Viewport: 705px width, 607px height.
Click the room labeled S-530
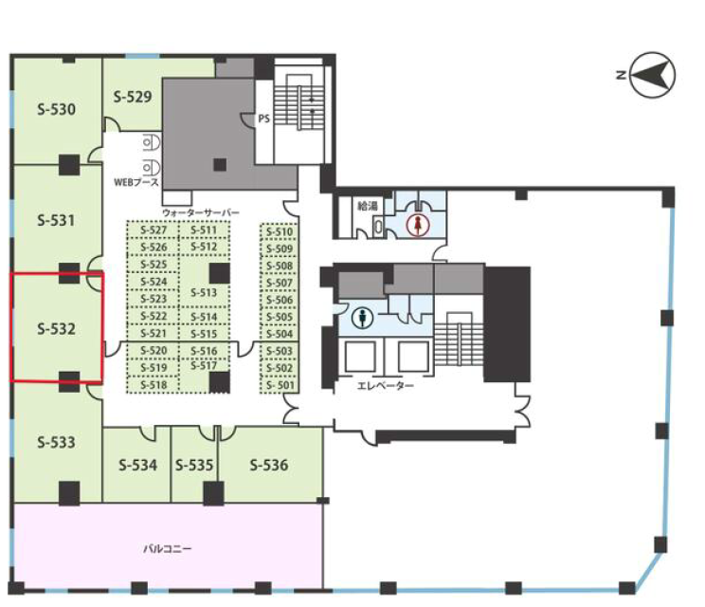pyautogui.click(x=56, y=109)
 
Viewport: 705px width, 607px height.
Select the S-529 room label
pyautogui.click(x=133, y=97)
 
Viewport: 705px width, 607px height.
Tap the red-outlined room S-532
pyautogui.click(x=57, y=327)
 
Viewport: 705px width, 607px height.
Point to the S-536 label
pyautogui.click(x=269, y=465)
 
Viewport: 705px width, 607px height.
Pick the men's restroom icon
pyautogui.click(x=362, y=318)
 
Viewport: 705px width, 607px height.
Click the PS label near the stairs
pyautogui.click(x=264, y=119)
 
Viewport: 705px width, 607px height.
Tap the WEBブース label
pyautogui.click(x=136, y=182)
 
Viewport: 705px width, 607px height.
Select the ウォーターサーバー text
pyautogui.click(x=201, y=212)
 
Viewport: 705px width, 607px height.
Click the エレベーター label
pyautogui.click(x=386, y=386)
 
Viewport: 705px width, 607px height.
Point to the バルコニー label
pyautogui.click(x=168, y=548)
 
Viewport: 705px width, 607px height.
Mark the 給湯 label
pyautogui.click(x=368, y=206)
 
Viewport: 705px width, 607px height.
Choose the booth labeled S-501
pyautogui.click(x=280, y=385)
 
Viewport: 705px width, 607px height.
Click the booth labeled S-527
pyautogui.click(x=154, y=230)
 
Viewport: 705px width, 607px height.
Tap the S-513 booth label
pyautogui.click(x=204, y=293)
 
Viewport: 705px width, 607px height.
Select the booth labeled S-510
pyautogui.click(x=280, y=231)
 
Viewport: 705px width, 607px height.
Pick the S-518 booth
pyautogui.click(x=154, y=385)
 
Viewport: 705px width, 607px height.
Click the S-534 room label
pyautogui.click(x=138, y=465)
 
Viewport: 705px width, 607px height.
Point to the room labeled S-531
pyautogui.click(x=56, y=220)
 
